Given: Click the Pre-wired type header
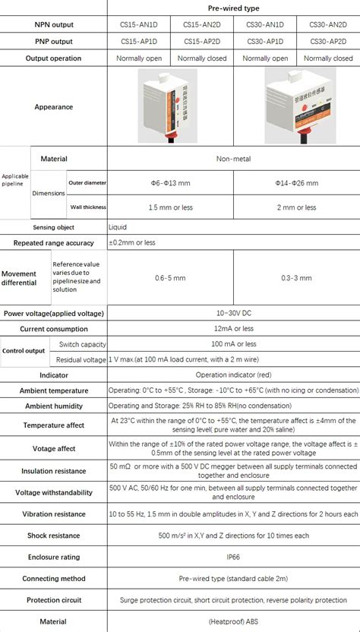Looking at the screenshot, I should (x=233, y=8).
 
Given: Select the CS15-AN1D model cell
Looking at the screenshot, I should (x=138, y=24).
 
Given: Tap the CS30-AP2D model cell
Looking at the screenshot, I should (x=327, y=41).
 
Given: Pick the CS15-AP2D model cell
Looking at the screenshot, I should (x=201, y=41).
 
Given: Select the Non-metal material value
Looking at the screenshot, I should (x=233, y=159).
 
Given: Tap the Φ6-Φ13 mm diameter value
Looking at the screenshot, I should (x=170, y=183).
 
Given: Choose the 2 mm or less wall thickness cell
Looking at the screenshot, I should (x=296, y=207).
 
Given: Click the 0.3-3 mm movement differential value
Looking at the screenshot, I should (x=296, y=278).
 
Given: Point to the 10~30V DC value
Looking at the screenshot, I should (x=233, y=313).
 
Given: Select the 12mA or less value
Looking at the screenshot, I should (x=233, y=329).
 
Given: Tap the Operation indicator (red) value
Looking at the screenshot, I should (x=233, y=375).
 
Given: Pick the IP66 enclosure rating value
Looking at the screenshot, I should (x=233, y=557).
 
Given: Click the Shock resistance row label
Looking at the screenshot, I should (x=53, y=536).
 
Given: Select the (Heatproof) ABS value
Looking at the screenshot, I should (x=233, y=621).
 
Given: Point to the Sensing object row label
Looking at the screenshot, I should (x=53, y=227).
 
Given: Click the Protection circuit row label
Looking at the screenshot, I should (x=53, y=600).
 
